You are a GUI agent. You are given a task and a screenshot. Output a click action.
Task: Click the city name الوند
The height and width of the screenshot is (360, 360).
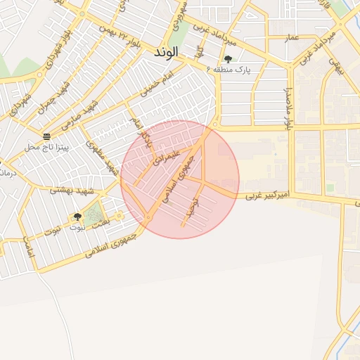[x=167, y=53]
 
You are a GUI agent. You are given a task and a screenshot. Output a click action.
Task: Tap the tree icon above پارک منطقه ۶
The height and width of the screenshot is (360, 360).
[x=227, y=59]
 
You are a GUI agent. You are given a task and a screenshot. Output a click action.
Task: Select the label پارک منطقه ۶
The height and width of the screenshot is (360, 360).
[x=229, y=70]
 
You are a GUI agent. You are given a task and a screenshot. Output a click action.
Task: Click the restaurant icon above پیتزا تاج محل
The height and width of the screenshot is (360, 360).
[x=46, y=136]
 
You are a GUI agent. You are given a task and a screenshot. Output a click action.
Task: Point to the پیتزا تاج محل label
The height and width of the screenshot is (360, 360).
[x=44, y=147]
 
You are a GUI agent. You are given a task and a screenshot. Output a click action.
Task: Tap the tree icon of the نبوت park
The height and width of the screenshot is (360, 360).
[x=77, y=217]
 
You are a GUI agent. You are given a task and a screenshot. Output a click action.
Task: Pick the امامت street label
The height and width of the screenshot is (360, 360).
[x=29, y=247]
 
